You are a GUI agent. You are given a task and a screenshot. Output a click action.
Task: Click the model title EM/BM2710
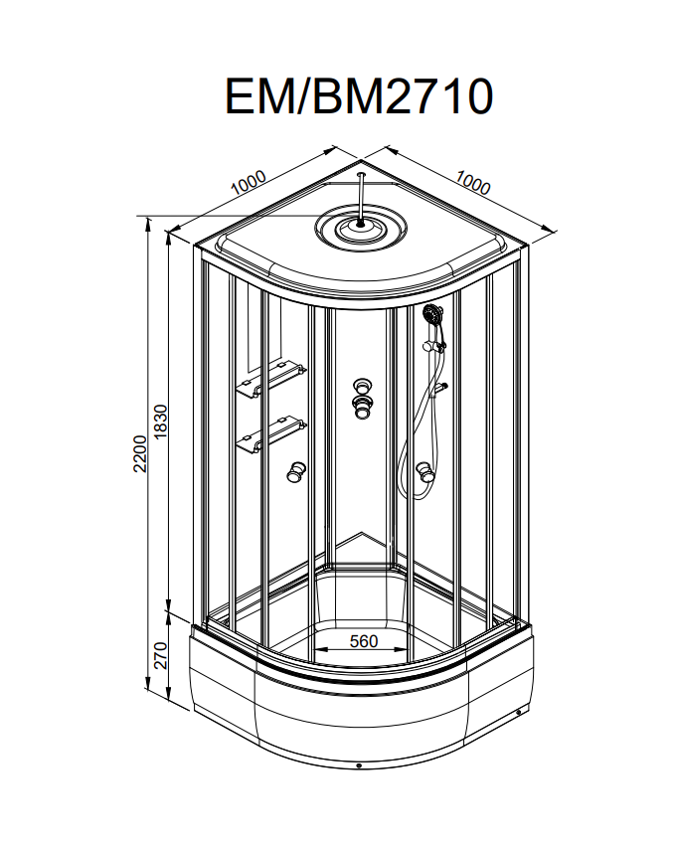359,95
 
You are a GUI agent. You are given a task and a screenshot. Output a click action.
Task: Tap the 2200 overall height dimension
140,453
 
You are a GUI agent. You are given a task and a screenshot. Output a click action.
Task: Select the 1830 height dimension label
161,422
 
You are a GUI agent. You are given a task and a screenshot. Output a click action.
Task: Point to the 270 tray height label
161,655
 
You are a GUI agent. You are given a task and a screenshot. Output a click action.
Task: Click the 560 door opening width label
364,641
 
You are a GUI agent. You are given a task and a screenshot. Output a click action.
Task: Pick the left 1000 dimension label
249,182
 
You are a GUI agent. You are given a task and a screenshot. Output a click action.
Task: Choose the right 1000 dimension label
473,183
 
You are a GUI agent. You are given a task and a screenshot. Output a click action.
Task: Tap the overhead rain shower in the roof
360,229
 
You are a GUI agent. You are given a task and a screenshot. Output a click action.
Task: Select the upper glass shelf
270,380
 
